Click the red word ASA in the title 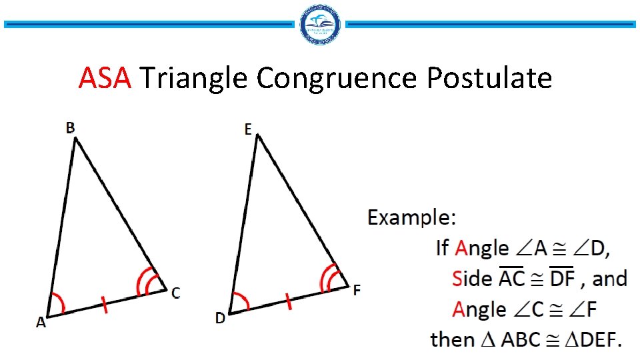tap(104, 79)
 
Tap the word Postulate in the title tap(489, 79)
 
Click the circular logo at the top tap(321, 25)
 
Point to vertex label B tap(70, 128)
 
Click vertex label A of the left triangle tap(41, 323)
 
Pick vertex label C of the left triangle tap(175, 293)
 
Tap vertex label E tap(248, 130)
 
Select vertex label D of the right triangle tap(220, 319)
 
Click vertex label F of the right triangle tap(357, 290)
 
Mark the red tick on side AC tap(105, 305)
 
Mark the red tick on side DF tap(289, 302)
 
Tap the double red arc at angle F tap(330, 278)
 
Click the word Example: tap(413, 218)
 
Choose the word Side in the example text tap(471, 279)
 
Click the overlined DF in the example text tap(562, 278)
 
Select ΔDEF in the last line tap(593, 340)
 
